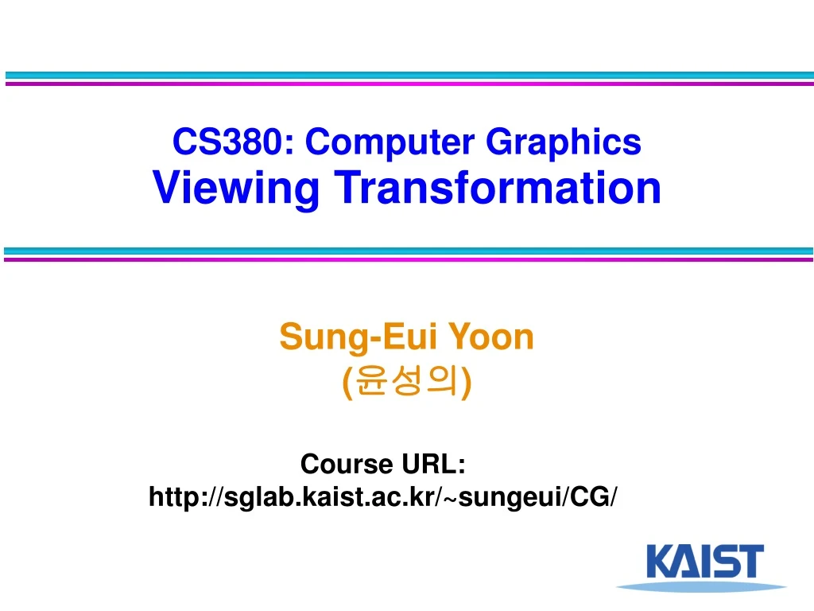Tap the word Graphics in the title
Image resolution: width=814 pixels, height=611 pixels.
point(563,143)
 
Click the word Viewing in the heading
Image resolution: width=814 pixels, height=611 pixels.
point(236,189)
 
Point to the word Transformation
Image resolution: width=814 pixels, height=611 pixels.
point(498,188)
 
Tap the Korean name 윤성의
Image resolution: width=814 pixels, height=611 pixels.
point(407,383)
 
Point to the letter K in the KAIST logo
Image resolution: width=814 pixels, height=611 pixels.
point(661,561)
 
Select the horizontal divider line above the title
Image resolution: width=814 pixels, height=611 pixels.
point(407,78)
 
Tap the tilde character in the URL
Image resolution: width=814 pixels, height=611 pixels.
point(451,499)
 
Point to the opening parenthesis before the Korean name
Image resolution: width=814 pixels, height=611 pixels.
point(347,384)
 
